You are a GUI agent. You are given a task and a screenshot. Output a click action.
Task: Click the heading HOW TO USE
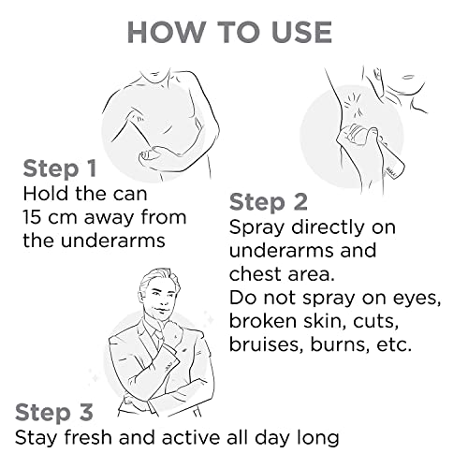tap(229, 33)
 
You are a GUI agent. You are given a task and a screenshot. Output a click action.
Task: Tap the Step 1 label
tap(60, 168)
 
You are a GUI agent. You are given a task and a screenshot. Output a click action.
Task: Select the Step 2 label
tap(269, 202)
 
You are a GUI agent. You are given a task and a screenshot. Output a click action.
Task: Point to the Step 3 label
tap(54, 412)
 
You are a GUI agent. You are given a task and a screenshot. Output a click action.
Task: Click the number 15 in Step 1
tap(32, 217)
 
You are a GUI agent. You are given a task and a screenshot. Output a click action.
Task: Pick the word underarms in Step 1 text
tap(112, 241)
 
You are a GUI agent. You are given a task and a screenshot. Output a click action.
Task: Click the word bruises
tap(266, 344)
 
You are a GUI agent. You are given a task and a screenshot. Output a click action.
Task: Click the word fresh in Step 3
tap(88, 437)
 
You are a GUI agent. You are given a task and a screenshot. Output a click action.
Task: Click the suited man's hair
tap(157, 278)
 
